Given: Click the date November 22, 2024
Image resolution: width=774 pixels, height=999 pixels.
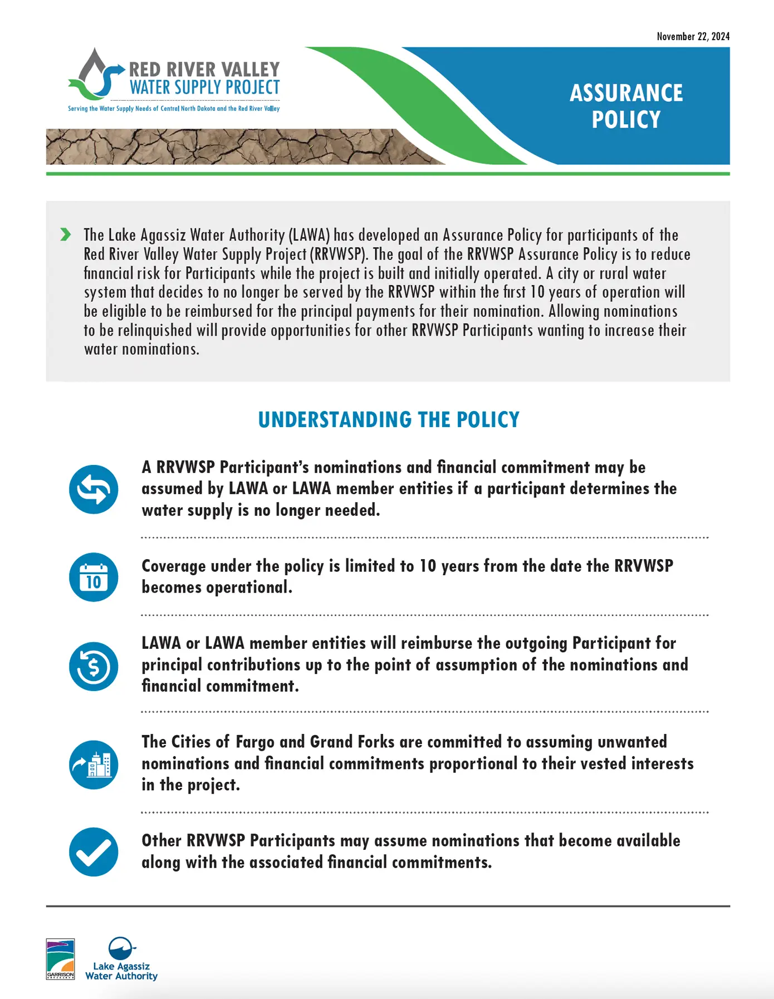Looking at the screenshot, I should click(x=693, y=37).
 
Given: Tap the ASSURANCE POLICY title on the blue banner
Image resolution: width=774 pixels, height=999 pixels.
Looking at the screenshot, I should click(x=626, y=106).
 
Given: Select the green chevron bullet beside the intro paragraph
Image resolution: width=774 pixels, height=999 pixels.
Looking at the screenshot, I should click(x=66, y=235).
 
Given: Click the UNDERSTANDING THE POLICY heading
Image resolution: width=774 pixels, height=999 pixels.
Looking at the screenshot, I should click(x=389, y=420).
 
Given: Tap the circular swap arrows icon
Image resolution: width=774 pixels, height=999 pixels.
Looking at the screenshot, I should click(x=94, y=489).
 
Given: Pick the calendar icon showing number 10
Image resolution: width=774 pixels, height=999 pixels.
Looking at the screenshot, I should click(x=94, y=577).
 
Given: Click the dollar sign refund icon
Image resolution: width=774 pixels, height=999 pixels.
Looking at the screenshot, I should click(x=94, y=667).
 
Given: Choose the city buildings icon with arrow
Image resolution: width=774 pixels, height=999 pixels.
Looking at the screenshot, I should click(x=94, y=765).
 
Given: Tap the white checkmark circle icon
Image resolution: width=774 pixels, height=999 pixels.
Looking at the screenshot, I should click(x=94, y=852).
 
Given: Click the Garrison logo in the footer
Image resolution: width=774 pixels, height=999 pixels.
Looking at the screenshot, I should click(x=60, y=959).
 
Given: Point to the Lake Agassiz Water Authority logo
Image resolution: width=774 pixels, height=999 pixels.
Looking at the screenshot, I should click(x=121, y=959).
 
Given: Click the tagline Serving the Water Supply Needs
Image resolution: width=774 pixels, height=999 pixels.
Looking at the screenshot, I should click(x=174, y=109).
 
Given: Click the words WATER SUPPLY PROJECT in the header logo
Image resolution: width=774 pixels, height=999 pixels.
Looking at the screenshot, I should click(x=204, y=88).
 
